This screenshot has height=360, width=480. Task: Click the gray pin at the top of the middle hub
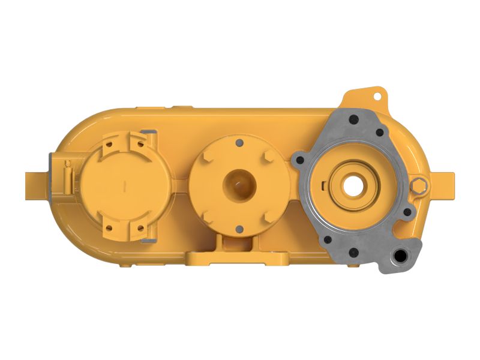(239, 142)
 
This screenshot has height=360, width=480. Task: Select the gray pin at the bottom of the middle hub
(239, 227)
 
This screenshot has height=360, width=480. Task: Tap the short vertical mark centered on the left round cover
(123, 186)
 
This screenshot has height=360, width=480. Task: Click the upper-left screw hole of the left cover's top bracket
(109, 145)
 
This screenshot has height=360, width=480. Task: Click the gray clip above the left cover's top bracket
(150, 130)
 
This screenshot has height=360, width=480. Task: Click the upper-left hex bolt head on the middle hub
(208, 155)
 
